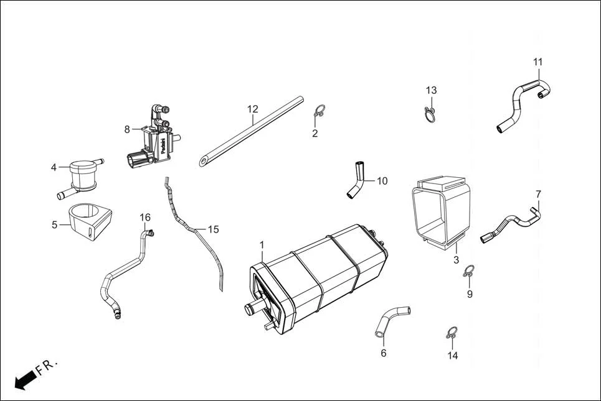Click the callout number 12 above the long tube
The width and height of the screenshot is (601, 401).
coord(252,109)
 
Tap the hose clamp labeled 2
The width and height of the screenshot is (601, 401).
coord(319,112)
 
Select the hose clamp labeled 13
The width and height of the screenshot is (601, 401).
coord(430,115)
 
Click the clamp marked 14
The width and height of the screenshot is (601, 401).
coord(453,333)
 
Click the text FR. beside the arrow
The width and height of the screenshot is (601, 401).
coord(47,366)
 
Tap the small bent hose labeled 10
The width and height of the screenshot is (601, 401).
coord(357,180)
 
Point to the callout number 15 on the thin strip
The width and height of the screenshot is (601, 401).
coord(213,229)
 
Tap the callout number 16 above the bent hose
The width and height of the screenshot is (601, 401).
coord(145,218)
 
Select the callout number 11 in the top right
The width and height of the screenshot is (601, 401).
coord(538,62)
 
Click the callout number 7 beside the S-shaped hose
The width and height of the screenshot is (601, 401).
coord(538,194)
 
